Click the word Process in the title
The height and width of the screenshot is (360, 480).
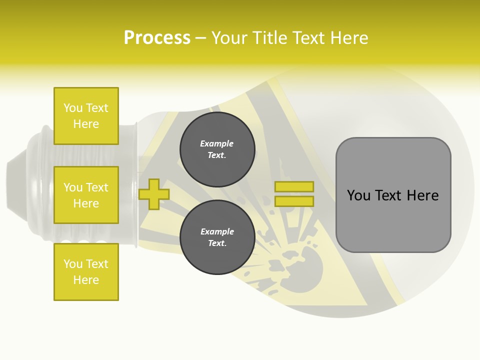coord(157,38)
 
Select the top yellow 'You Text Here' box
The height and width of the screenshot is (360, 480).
coord(86,116)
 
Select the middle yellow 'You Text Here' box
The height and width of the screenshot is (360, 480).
coord(86,195)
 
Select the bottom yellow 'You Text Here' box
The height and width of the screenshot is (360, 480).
coord(86,272)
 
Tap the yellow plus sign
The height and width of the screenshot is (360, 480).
coord(154,194)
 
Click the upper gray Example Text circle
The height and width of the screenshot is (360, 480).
coord(217,149)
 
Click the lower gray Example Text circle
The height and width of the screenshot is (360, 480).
coord(217,237)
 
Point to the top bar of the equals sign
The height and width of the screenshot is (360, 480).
coord(294,186)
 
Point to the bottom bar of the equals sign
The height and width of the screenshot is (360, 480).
coord(294,201)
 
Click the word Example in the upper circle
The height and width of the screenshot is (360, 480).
coord(217,143)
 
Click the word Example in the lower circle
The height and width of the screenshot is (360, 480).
coord(217,231)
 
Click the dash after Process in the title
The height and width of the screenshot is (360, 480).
coord(201,38)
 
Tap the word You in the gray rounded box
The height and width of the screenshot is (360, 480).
coord(358,195)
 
